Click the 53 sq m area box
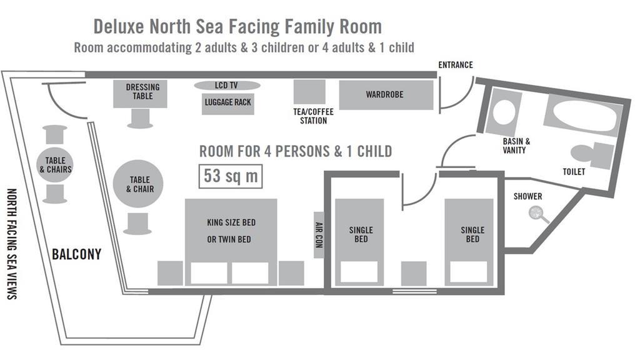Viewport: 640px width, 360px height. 231,176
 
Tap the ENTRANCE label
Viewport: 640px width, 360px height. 456,65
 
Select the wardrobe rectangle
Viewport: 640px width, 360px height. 386,95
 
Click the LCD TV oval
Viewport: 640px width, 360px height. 226,86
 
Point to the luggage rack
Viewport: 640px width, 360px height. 227,104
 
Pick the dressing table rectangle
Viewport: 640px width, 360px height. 142,94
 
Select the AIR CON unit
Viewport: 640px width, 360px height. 318,235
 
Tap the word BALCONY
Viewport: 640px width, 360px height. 77,255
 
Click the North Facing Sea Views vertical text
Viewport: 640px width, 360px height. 11,243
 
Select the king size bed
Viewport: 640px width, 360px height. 231,241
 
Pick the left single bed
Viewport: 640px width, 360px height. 360,241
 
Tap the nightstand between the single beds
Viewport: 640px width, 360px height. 413,272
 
